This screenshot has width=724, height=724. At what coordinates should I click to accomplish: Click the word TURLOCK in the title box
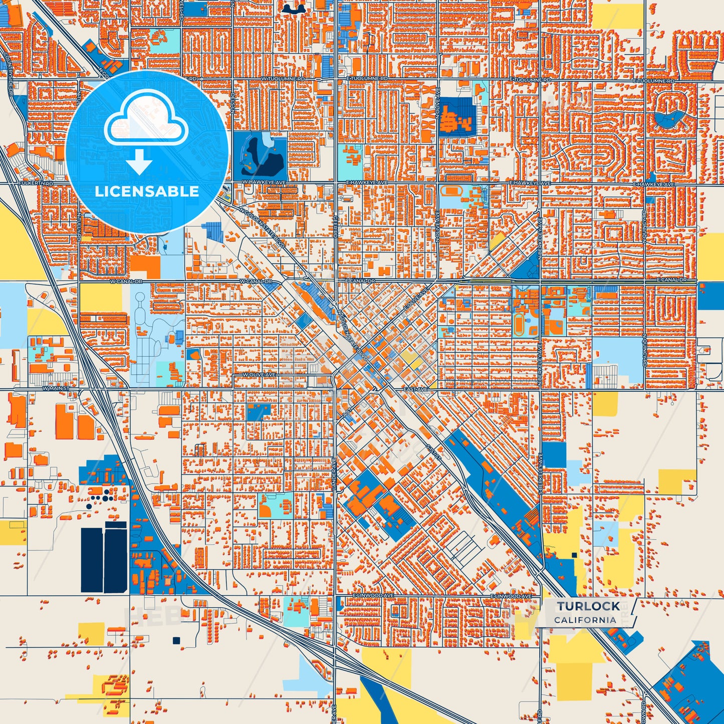(588, 606)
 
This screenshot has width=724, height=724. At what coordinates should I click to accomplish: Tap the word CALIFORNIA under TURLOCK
(585, 620)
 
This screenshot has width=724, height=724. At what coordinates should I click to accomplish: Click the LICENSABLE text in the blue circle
(147, 191)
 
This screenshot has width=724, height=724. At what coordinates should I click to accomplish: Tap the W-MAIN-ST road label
(56, 388)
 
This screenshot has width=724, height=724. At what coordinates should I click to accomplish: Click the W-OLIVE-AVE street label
(259, 375)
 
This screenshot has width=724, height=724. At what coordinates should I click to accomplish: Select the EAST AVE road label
(415, 389)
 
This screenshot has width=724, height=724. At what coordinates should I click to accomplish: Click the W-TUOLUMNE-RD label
(283, 79)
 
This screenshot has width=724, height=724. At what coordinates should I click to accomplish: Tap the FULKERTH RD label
(36, 184)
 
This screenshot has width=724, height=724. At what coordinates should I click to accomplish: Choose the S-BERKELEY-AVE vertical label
(541, 473)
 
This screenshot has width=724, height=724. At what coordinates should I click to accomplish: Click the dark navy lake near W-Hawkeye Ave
(261, 155)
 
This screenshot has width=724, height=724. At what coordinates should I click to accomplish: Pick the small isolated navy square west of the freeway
(176, 640)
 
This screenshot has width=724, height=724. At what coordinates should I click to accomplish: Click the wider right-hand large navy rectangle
(115, 557)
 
